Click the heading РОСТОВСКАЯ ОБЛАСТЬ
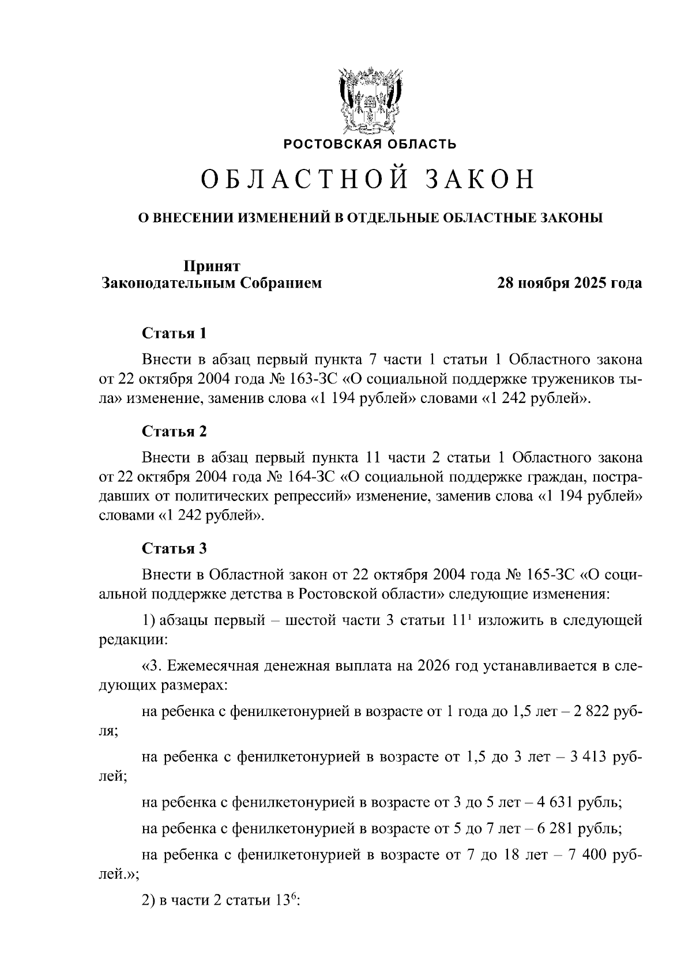tap(370, 144)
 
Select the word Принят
tap(212, 266)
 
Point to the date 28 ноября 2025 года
tap(570, 284)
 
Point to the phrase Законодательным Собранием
tap(212, 284)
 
